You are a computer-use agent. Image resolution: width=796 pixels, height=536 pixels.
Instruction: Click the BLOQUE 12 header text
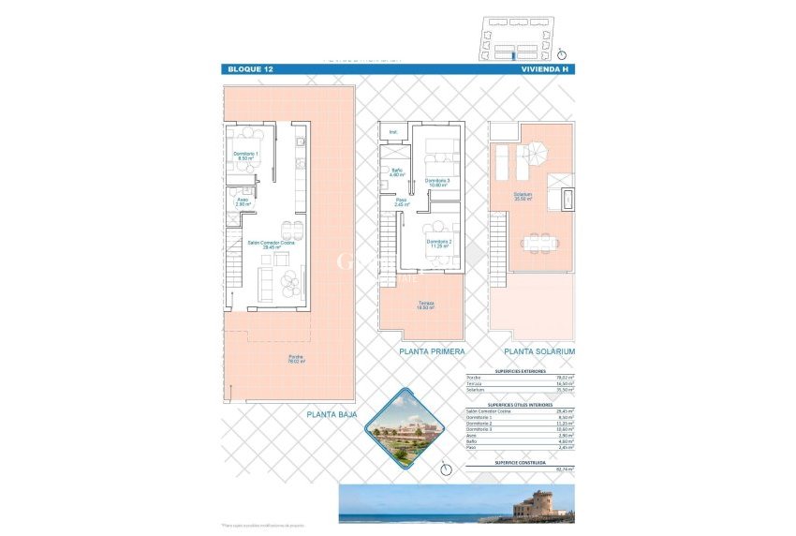248,69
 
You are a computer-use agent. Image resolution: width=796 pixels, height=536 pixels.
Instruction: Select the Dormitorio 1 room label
246,156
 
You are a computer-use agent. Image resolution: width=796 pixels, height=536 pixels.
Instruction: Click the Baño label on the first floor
397,171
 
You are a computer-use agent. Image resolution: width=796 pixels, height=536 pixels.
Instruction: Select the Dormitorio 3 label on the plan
437,183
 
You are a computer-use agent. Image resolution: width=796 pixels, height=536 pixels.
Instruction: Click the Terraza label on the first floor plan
423,305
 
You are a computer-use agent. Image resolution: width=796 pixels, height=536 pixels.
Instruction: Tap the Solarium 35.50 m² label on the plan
523,197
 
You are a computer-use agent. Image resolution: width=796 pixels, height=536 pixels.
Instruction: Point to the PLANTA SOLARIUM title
539,351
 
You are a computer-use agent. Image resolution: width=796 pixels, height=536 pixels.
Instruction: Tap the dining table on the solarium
538,244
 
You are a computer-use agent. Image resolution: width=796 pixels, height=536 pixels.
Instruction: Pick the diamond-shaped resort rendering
401,428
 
